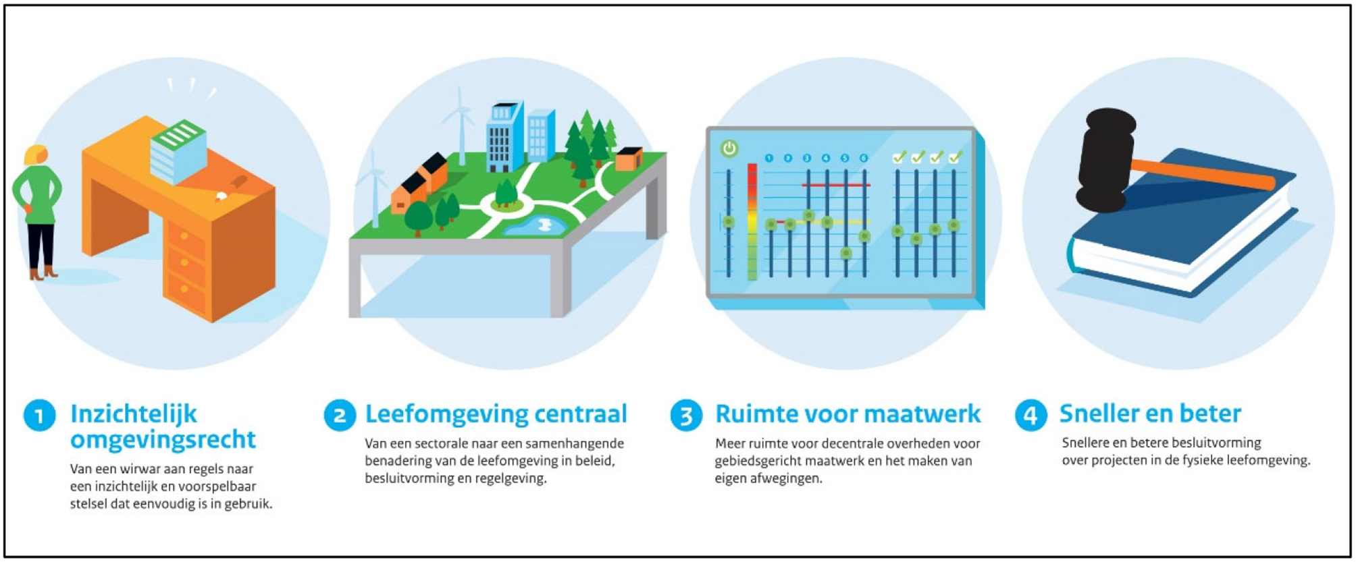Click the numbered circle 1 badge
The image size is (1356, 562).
tap(39, 415)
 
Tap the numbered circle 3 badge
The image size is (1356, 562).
tap(686, 415)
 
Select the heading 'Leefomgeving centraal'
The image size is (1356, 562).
tap(496, 414)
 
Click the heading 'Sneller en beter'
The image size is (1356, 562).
tap(1149, 414)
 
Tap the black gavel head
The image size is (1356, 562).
tap(1105, 161)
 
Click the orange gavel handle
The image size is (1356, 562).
tap(1202, 173)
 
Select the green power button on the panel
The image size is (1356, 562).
tap(729, 148)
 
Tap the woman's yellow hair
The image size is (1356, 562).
tap(35, 154)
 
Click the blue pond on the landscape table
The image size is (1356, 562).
tap(537, 226)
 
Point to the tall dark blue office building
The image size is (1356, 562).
tap(503, 138)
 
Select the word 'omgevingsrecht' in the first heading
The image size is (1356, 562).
tap(163, 440)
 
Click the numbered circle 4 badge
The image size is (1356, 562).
tap(1031, 415)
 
